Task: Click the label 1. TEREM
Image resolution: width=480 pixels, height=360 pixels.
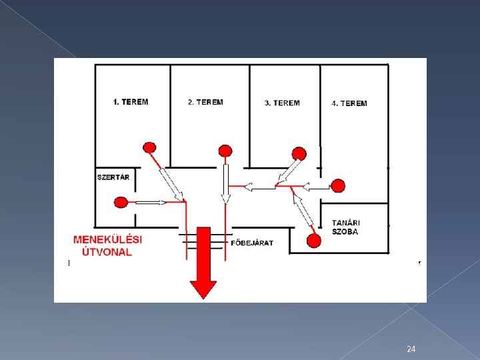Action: tap(131, 102)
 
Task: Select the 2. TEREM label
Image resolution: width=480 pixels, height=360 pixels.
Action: tap(205, 102)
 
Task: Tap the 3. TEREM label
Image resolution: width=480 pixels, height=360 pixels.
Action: tap(282, 103)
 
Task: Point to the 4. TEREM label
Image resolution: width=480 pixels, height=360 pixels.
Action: tap(349, 103)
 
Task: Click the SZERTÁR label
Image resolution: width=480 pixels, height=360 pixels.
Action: tap(113, 177)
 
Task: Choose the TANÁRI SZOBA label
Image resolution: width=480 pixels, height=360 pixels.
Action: tap(345, 227)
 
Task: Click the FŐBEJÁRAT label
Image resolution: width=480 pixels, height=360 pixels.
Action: tap(252, 243)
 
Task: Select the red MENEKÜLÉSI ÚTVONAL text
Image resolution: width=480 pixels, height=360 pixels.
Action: tap(107, 245)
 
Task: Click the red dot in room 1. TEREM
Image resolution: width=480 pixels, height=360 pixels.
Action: tap(150, 147)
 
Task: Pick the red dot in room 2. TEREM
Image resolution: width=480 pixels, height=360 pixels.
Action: tap(225, 151)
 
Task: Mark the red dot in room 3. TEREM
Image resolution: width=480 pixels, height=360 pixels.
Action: tap(299, 154)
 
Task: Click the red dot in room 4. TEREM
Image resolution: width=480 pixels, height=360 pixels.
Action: tap(338, 185)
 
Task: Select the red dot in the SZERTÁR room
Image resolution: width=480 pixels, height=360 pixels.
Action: tap(121, 201)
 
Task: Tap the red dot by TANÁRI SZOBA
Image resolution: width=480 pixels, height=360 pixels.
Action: tap(312, 241)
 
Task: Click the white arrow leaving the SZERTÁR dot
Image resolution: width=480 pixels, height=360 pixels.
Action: tap(151, 201)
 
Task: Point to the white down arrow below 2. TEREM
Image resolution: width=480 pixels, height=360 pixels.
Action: tap(225, 183)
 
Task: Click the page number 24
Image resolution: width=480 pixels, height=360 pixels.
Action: tap(411, 349)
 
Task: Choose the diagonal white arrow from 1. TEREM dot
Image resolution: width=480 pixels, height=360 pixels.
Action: tap(170, 184)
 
